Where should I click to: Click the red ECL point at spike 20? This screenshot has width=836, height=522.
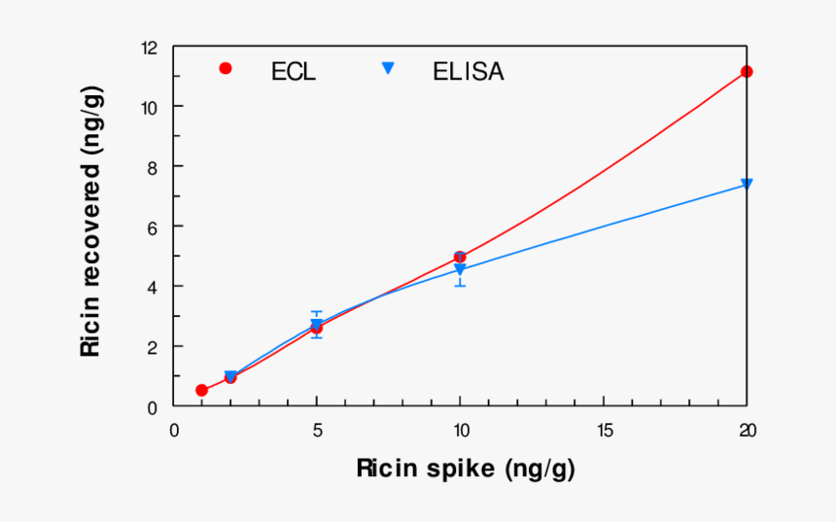tap(747, 72)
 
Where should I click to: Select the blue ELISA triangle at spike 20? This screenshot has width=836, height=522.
tap(747, 184)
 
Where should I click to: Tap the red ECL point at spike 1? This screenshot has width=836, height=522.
tap(202, 391)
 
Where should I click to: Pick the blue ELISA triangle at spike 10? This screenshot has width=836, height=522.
tap(460, 269)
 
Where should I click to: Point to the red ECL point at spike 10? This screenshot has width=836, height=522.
tap(460, 258)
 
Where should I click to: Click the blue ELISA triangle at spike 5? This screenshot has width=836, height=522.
tap(317, 324)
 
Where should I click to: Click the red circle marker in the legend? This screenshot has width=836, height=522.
tap(226, 68)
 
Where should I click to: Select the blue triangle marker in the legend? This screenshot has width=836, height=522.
tap(387, 68)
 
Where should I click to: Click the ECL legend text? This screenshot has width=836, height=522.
tap(294, 71)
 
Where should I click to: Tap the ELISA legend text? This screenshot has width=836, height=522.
tap(469, 71)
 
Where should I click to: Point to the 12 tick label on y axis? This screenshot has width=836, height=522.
tap(149, 47)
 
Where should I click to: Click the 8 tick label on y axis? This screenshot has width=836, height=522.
tap(153, 166)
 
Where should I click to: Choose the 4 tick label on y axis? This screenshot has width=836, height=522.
tap(153, 287)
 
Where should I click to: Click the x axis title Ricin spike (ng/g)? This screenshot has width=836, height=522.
tap(466, 470)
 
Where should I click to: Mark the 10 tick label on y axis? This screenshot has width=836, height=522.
tap(149, 106)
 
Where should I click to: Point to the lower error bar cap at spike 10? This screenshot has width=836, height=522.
tap(460, 286)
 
